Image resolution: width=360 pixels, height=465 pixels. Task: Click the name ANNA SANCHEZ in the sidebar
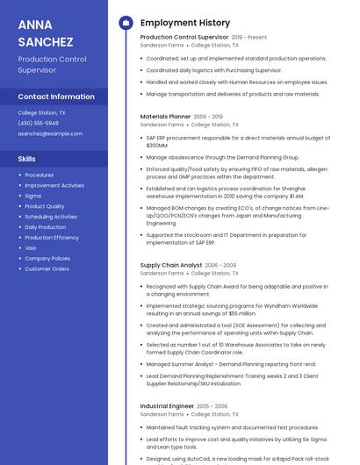tap(46, 32)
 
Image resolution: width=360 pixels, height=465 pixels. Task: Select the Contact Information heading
tap(56, 97)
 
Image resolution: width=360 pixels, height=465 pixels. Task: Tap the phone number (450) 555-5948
tap(38, 123)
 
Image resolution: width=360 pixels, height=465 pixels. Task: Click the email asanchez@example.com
tap(50, 133)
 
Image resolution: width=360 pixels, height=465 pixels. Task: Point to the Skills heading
tap(27, 159)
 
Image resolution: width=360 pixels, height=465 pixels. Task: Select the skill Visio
tap(31, 248)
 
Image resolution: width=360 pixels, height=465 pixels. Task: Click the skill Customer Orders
tap(47, 268)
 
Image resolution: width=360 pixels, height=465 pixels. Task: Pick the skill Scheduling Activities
tap(51, 217)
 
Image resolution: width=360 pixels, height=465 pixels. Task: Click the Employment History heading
tap(185, 23)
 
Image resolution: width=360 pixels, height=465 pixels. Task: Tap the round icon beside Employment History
tap(126, 23)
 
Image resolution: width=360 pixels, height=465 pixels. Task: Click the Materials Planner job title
tap(165, 116)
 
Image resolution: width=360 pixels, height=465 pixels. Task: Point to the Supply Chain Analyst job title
tap(170, 265)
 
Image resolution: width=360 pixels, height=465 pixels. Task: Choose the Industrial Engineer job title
tap(167, 406)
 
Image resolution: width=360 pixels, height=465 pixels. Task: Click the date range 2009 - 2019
tap(208, 117)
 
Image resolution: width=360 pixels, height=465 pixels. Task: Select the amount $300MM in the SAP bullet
tap(157, 146)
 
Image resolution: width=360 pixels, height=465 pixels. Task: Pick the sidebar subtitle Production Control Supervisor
tap(52, 64)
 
